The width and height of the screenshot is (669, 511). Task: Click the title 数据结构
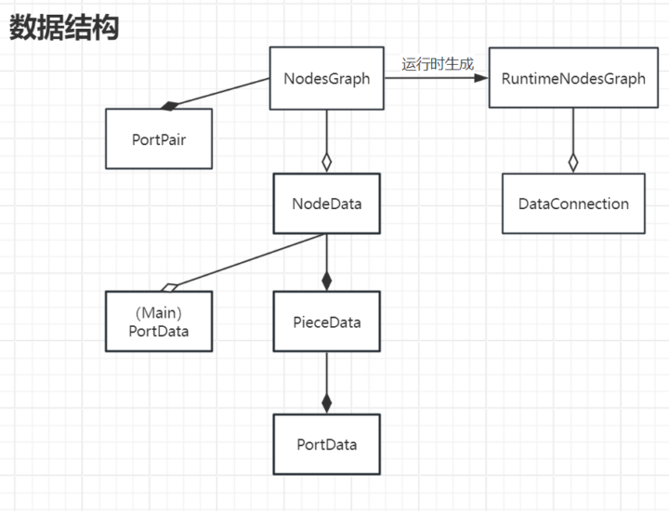pos(64,28)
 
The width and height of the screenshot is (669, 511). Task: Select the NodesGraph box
pos(326,79)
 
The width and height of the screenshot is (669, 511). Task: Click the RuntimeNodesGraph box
pos(572,79)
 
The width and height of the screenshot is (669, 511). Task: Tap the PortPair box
pos(159,138)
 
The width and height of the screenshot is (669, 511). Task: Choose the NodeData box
pos(326,203)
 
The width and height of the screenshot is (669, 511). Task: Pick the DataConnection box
pos(572,203)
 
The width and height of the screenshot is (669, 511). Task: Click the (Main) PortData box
pos(159,321)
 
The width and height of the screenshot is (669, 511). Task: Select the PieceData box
pos(326,322)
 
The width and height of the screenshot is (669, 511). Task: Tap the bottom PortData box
pos(326,444)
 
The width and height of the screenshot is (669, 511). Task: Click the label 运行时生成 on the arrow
pos(437,64)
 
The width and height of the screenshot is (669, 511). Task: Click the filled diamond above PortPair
pos(168,105)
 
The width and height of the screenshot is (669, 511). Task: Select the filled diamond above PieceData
pos(326,280)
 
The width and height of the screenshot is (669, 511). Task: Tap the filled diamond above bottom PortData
pos(326,402)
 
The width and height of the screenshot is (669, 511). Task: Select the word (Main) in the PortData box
pos(158,313)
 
